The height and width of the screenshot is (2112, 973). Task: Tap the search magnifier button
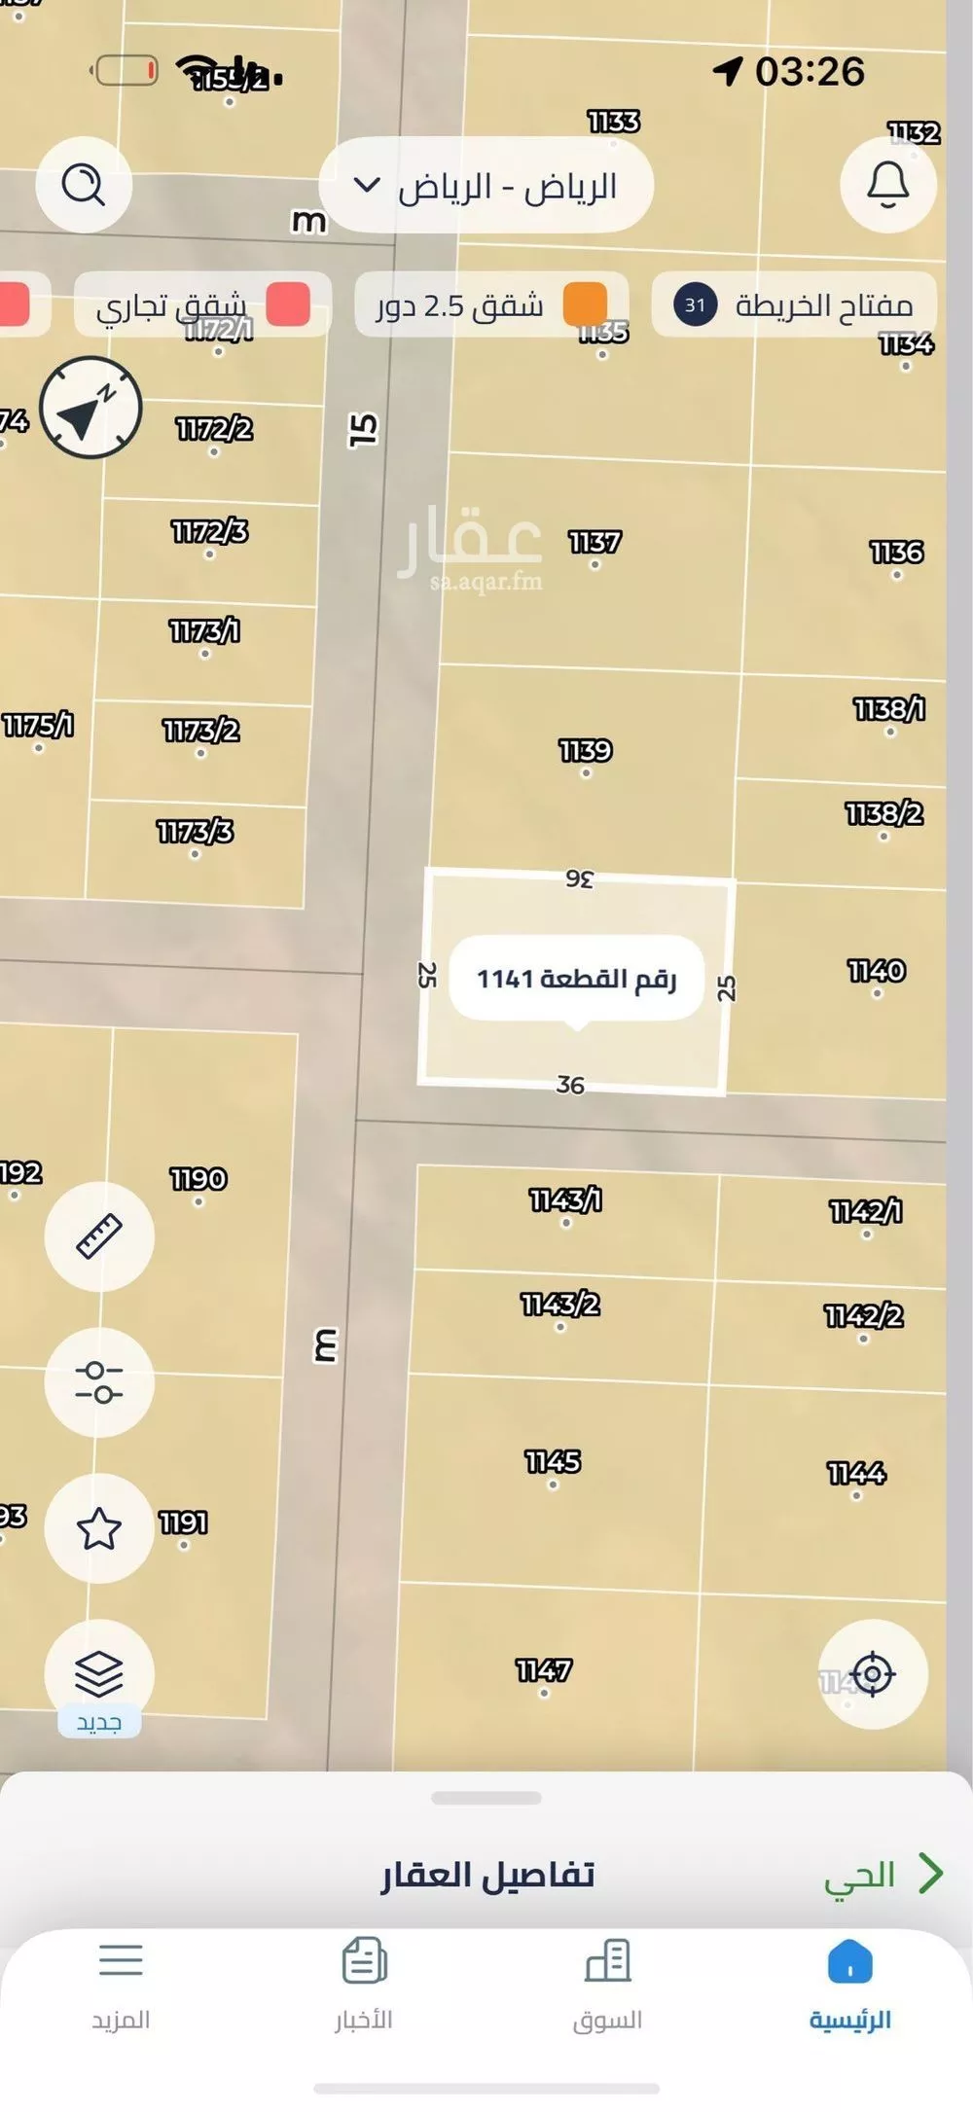(x=84, y=184)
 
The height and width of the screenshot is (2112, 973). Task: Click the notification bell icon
(x=887, y=184)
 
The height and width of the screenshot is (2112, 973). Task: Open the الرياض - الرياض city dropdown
(x=486, y=186)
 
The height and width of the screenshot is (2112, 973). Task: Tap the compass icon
(x=90, y=409)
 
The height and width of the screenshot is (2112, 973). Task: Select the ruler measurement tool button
(x=99, y=1236)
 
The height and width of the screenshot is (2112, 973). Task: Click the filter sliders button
(x=99, y=1381)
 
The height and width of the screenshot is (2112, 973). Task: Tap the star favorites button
(x=99, y=1528)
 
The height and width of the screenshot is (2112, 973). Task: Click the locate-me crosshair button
(x=873, y=1674)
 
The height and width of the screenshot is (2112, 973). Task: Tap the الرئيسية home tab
(x=850, y=1985)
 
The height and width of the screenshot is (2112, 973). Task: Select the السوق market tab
(x=607, y=1985)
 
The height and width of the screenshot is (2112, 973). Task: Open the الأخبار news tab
(x=364, y=1985)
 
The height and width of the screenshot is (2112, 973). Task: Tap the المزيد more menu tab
(x=121, y=1985)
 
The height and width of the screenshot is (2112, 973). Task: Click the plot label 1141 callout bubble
(x=576, y=979)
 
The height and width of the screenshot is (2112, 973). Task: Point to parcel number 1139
(x=586, y=751)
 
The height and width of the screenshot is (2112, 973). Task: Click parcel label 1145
(x=553, y=1462)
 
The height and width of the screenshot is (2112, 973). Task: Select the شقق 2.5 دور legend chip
(x=491, y=305)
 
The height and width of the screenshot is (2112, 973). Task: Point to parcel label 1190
(x=198, y=1179)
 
